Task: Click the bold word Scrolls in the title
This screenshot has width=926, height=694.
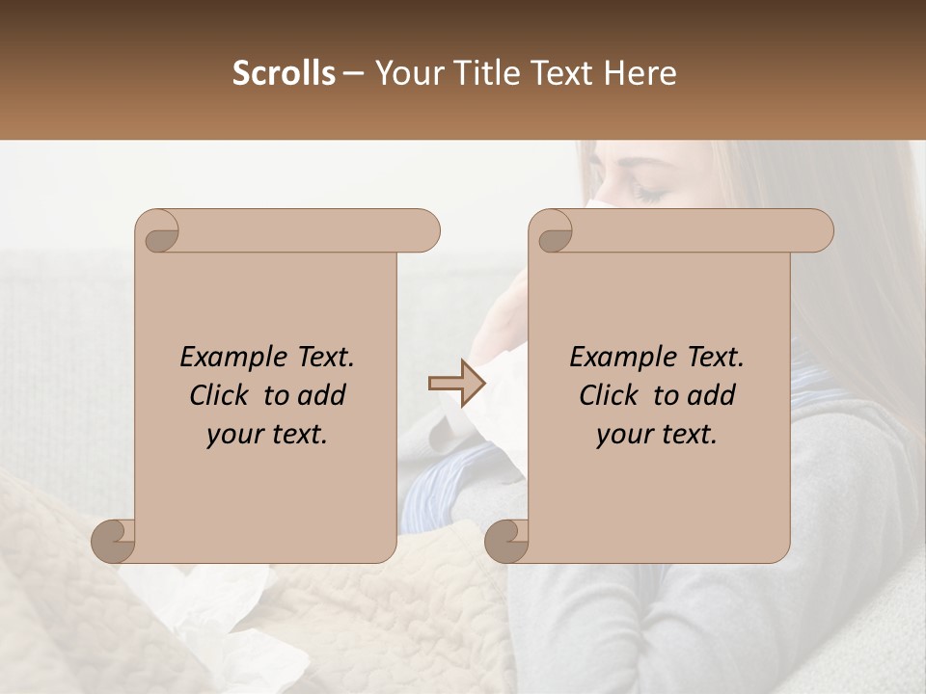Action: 284,73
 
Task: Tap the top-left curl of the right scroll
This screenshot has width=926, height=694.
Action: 553,231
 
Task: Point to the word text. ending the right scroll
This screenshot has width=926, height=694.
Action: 686,435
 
